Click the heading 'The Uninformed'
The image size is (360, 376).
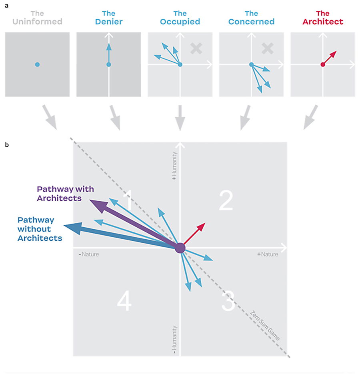coord(37,17)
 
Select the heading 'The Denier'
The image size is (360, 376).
coord(108,17)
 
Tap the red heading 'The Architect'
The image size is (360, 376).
coord(322,17)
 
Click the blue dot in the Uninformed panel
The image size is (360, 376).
coord(37,64)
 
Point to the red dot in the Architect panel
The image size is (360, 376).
coord(323,64)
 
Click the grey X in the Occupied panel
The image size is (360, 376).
coord(196,49)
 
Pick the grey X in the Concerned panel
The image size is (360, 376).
coord(267,49)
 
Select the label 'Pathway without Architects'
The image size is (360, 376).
coord(40,229)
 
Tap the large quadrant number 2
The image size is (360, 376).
coord(226,201)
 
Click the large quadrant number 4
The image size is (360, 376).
coord(124,302)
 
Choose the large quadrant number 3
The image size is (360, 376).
coord(228,302)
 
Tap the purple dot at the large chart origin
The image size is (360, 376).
coord(180,248)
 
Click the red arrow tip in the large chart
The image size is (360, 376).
coord(202,225)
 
